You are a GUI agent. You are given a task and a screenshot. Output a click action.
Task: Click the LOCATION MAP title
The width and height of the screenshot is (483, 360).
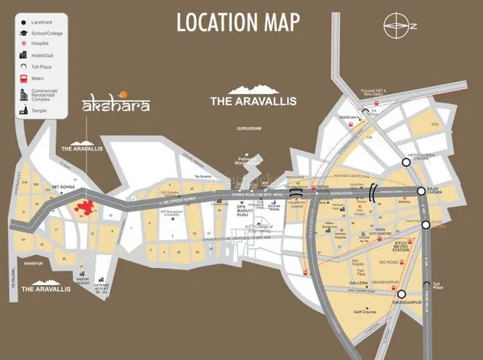[x=239, y=22]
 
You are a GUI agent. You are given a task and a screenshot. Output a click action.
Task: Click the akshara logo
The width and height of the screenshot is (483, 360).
[x=115, y=103]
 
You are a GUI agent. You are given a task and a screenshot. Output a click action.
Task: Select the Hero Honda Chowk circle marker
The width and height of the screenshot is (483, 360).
[x=406, y=162]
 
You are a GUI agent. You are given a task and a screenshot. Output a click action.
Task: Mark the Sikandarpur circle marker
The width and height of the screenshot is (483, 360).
[x=401, y=293]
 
